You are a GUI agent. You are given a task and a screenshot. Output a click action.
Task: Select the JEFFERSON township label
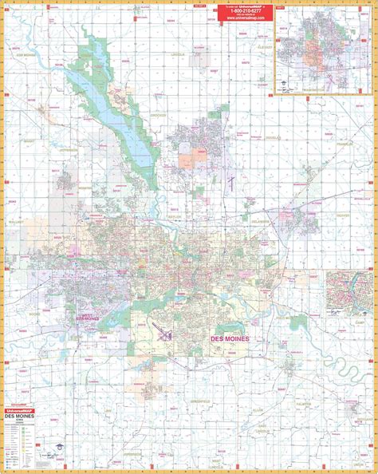(69, 148)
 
